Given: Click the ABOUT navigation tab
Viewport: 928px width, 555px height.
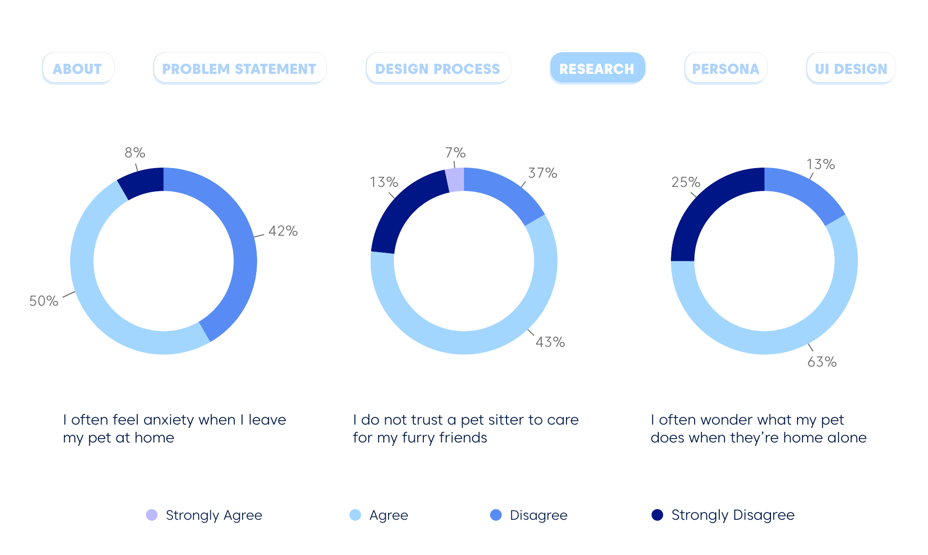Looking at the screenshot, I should (77, 69).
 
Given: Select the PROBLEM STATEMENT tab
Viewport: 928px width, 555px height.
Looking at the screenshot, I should (239, 69).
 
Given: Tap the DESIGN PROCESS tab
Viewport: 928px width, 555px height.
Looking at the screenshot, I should (437, 69).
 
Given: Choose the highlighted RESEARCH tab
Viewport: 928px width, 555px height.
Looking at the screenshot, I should (597, 69).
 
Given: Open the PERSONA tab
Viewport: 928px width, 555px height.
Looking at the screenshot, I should (725, 69).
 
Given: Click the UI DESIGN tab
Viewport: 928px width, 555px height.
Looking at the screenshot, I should (851, 69).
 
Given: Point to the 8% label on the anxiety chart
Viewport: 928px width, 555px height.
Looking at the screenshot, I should (135, 153).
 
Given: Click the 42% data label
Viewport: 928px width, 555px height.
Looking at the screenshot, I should (283, 231).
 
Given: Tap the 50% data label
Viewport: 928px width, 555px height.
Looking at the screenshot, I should (43, 301).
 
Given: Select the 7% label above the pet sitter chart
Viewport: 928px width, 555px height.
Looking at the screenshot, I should (455, 153).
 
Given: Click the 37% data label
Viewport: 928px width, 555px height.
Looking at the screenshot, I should (542, 173).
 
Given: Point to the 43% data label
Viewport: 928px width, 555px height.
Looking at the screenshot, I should (550, 342).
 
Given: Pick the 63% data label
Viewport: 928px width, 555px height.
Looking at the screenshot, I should (822, 362).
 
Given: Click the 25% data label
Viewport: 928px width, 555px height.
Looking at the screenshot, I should (685, 182).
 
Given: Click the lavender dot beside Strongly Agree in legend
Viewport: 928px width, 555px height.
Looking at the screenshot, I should (152, 515).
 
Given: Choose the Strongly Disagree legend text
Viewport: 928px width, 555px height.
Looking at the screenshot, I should (733, 515).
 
